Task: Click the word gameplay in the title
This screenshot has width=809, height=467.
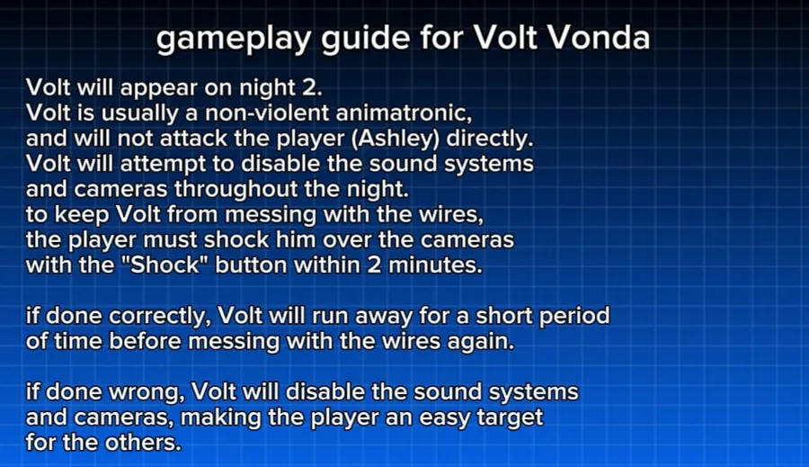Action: coord(234,40)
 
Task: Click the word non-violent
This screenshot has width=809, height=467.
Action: coord(267,112)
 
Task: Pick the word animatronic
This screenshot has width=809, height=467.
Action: coord(404,112)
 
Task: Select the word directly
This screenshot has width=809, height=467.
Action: coord(490,139)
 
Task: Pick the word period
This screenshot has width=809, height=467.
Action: coord(574,317)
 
